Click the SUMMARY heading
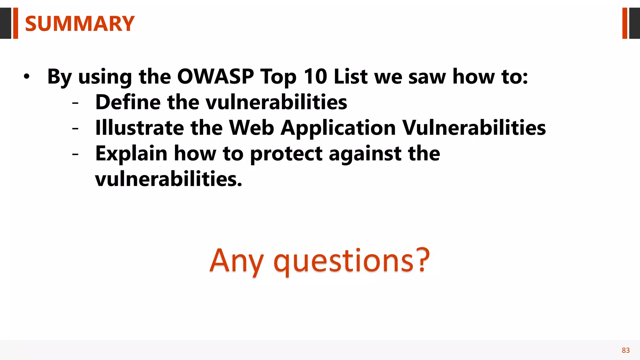pyautogui.click(x=80, y=24)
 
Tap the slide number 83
pyautogui.click(x=626, y=350)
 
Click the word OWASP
pyautogui.click(x=215, y=76)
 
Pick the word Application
pyautogui.click(x=338, y=128)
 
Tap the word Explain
pyautogui.click(x=131, y=154)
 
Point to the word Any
pyautogui.click(x=237, y=261)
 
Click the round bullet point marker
pyautogui.click(x=27, y=77)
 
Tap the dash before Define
pyautogui.click(x=75, y=102)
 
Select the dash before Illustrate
pyautogui.click(x=75, y=128)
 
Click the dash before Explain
pyautogui.click(x=75, y=154)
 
